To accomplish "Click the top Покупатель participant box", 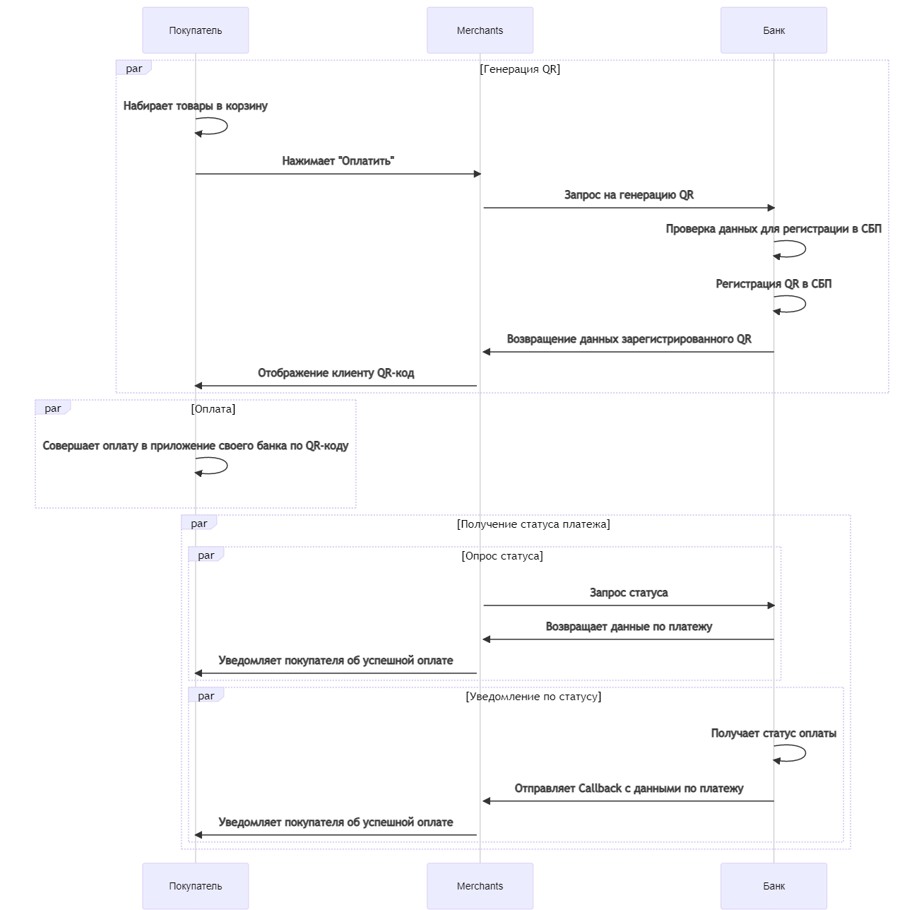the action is click(x=195, y=30).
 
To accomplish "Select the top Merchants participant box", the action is click(x=480, y=30).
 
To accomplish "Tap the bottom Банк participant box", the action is click(x=774, y=885).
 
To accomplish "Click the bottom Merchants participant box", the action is click(x=480, y=885).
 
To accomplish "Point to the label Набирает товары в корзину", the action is click(x=195, y=105).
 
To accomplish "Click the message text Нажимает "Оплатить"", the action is click(x=338, y=160).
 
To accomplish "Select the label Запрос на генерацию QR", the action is click(x=629, y=195).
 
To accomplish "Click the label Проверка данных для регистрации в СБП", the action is click(x=774, y=229).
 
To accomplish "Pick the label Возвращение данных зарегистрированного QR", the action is click(x=629, y=339).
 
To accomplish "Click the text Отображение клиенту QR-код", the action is click(x=336, y=373).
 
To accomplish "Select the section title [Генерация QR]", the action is click(x=520, y=69).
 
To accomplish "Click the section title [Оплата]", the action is click(x=213, y=408).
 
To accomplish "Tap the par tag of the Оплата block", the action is click(x=53, y=408).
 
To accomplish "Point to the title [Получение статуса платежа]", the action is click(x=533, y=524).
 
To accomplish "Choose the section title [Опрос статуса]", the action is click(x=502, y=555).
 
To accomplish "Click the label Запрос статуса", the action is click(x=629, y=593).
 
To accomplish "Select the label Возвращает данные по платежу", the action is click(x=629, y=627).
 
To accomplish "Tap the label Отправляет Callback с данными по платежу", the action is click(x=629, y=788).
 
